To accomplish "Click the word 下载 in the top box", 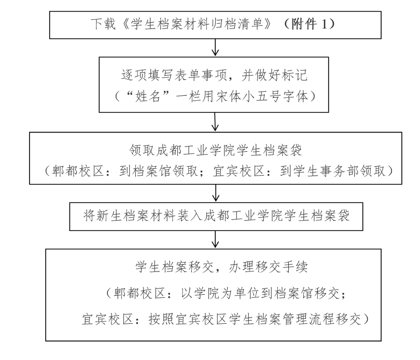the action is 103,24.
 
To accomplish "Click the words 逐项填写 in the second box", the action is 147,75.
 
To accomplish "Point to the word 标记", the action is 295,75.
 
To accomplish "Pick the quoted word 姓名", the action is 148,96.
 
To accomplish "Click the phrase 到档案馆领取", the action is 159,171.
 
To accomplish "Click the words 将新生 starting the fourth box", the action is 103,216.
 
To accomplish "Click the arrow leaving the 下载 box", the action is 215,47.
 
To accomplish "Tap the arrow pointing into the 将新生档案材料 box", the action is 216,193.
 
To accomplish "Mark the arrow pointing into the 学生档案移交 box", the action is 215,239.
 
